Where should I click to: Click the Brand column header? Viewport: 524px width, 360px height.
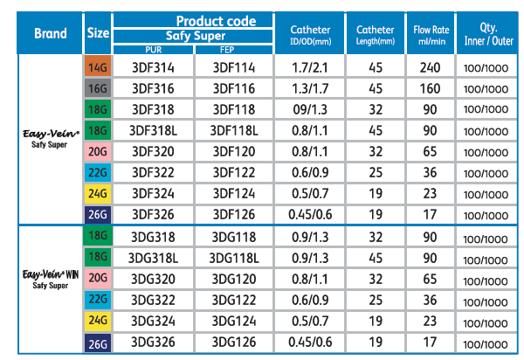click(51, 34)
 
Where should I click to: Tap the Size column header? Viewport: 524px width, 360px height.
click(98, 34)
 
